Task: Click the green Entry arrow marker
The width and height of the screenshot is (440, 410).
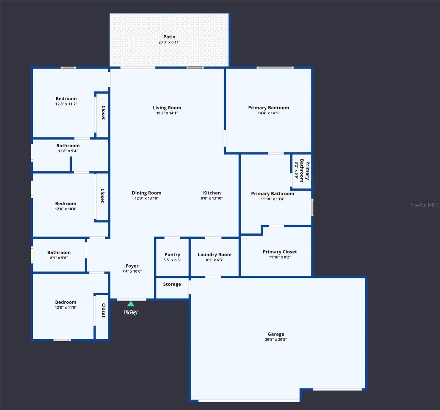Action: (x=131, y=304)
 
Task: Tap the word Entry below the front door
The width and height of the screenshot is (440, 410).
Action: (x=131, y=312)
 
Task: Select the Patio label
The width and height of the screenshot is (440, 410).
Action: (x=169, y=37)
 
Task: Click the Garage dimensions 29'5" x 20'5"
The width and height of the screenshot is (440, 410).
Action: (x=276, y=340)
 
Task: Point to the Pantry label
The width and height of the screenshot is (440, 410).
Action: (x=172, y=255)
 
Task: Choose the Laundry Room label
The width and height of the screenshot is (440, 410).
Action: (x=215, y=255)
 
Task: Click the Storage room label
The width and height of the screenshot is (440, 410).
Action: (x=172, y=284)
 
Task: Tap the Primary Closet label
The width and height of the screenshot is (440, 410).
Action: (x=280, y=252)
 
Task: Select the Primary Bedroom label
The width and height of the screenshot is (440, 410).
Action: (x=268, y=108)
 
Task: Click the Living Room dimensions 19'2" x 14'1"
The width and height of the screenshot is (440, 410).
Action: (x=167, y=113)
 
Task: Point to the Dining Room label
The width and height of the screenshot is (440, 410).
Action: (x=146, y=193)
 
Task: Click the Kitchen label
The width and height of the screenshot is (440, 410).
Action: (x=212, y=193)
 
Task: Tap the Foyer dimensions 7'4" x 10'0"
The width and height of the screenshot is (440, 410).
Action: (x=132, y=271)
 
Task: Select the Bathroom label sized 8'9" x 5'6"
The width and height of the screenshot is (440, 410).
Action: (x=59, y=252)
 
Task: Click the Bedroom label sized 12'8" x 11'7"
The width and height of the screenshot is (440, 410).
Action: (x=66, y=99)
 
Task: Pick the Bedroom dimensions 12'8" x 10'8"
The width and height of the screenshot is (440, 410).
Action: (x=65, y=209)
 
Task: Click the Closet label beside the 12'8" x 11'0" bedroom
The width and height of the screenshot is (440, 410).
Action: (x=103, y=310)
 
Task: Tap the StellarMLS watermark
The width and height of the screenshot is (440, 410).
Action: (x=424, y=205)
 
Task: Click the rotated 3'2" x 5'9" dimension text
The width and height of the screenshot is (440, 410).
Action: (x=296, y=170)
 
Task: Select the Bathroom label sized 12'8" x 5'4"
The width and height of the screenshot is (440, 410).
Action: (x=68, y=146)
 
